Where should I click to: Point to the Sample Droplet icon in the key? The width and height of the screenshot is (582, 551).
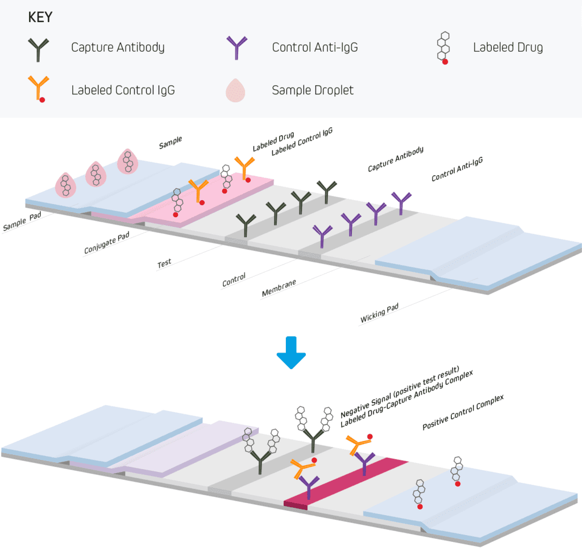point(237,90)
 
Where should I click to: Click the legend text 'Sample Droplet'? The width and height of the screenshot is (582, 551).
point(313,90)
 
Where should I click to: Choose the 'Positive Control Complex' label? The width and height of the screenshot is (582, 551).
point(463,411)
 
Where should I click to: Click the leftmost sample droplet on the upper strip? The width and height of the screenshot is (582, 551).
point(66,185)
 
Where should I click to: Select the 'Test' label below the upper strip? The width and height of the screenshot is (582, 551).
point(164,263)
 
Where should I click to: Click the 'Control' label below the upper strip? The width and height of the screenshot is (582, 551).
point(234,279)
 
